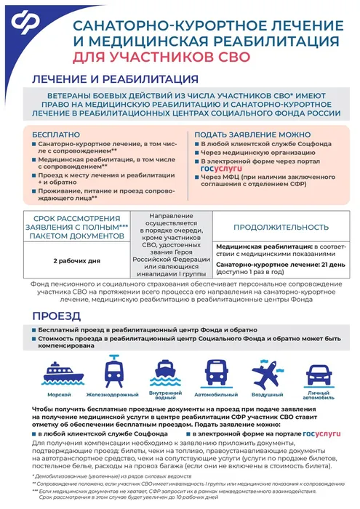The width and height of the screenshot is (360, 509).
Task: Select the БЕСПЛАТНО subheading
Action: coord(57,135)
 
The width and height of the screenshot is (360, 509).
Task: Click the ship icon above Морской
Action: coord(60,374)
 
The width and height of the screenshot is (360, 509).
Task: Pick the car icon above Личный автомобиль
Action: coord(318,374)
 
